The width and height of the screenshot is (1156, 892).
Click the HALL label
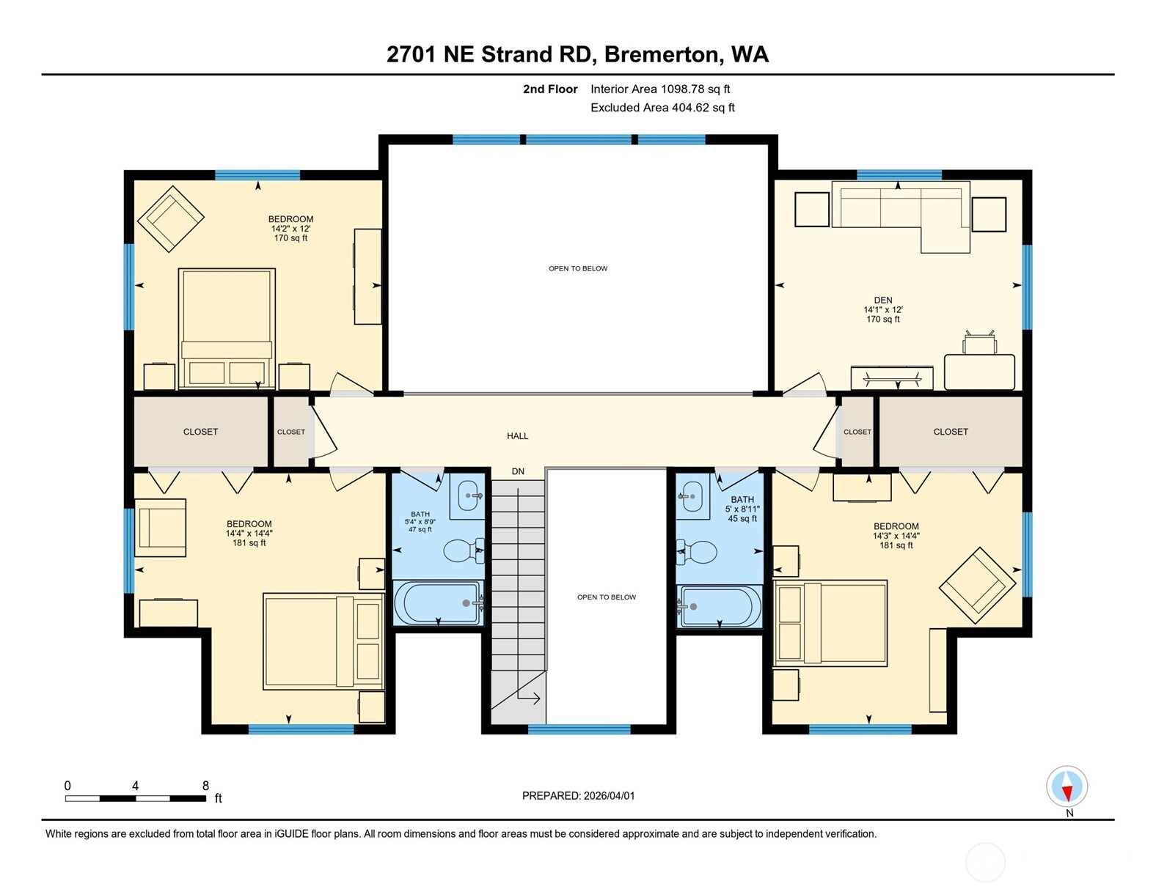pyautogui.click(x=517, y=436)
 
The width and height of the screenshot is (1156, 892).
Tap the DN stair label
pyautogui.click(x=518, y=471)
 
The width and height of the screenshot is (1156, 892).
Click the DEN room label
pyautogui.click(x=882, y=301)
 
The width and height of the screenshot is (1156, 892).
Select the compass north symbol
pyautogui.click(x=1067, y=787)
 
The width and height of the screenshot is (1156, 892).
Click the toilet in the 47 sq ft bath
pyautogui.click(x=463, y=550)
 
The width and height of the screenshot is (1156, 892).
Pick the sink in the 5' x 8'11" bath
pyautogui.click(x=692, y=496)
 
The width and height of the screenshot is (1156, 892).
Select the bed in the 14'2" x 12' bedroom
pyautogui.click(x=227, y=328)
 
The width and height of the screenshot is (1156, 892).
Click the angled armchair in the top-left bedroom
pyautogui.click(x=171, y=218)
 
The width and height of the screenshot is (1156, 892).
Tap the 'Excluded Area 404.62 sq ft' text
pyautogui.click(x=662, y=108)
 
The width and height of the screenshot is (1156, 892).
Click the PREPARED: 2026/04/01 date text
pyautogui.click(x=578, y=795)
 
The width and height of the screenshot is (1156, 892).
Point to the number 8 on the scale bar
pyautogui.click(x=205, y=786)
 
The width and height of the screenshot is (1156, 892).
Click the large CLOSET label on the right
pyautogui.click(x=951, y=432)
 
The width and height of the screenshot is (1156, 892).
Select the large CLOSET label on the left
pyautogui.click(x=200, y=432)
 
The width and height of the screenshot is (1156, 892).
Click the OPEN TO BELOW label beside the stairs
pyautogui.click(x=607, y=597)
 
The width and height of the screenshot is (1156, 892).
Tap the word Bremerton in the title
pyautogui.click(x=661, y=54)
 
